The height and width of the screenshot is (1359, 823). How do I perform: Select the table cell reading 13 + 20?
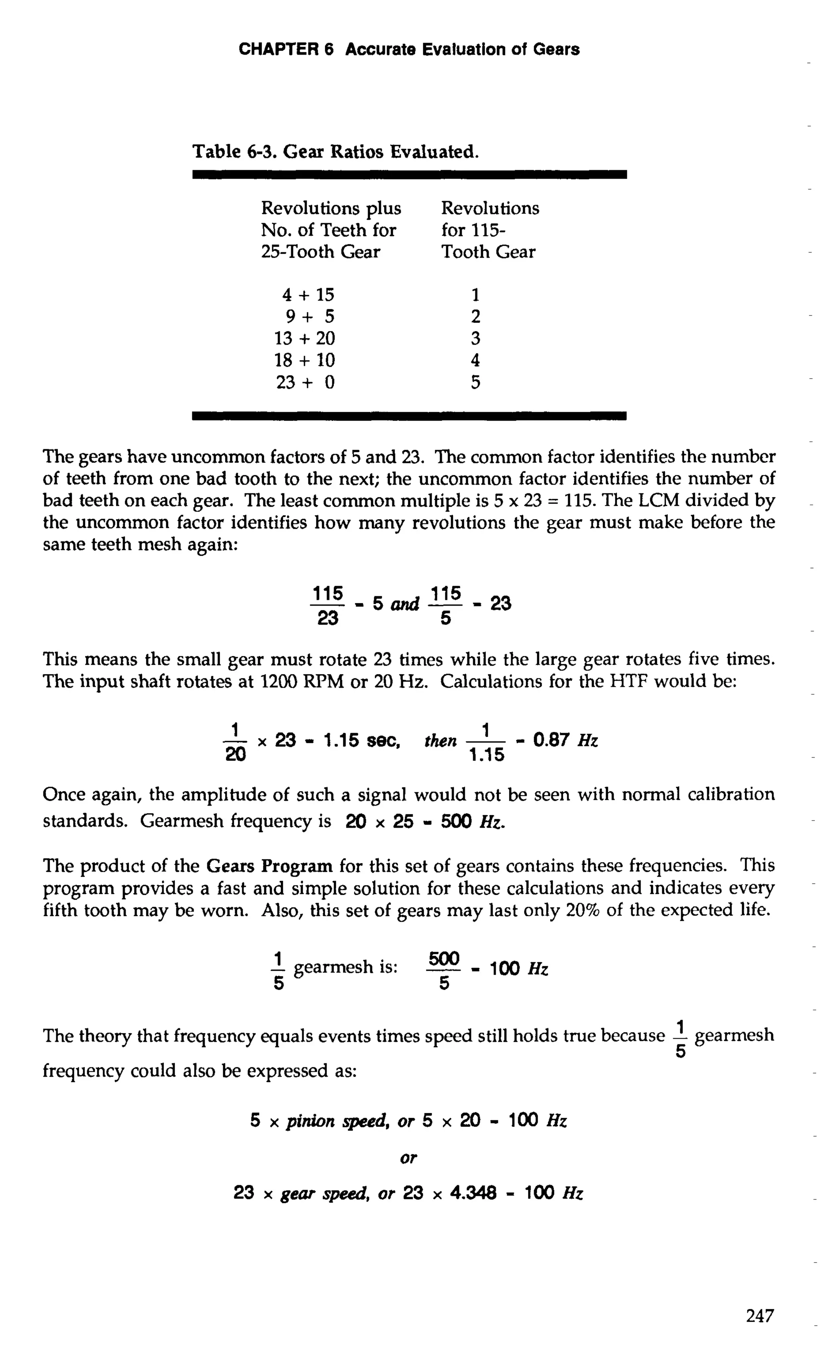click(x=305, y=339)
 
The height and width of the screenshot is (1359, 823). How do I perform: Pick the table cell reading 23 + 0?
click(x=305, y=382)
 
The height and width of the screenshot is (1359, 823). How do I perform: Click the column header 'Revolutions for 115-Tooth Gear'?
click(x=489, y=230)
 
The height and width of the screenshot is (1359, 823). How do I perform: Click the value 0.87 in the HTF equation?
click(x=551, y=740)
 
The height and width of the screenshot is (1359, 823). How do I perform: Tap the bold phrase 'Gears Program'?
click(x=269, y=866)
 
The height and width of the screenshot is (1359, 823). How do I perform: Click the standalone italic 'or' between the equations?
click(x=408, y=1158)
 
